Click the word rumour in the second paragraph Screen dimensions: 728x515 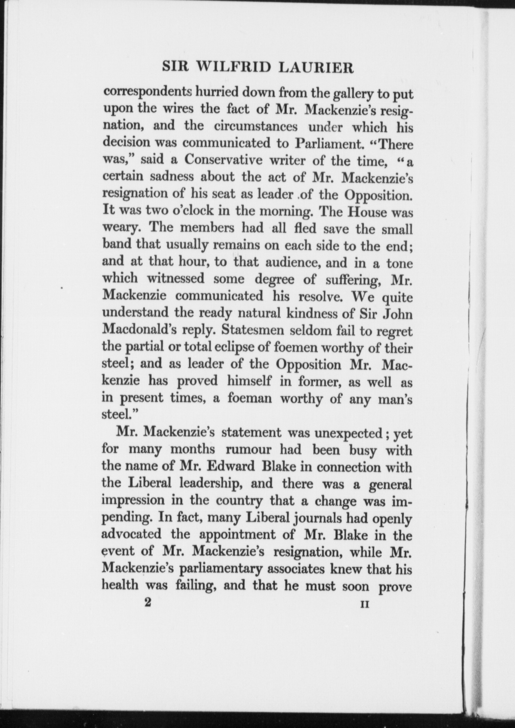[248, 450]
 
